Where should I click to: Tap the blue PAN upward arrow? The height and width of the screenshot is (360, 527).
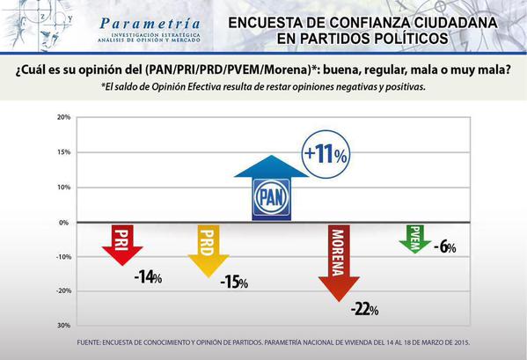(273, 186)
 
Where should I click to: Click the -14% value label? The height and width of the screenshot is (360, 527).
(148, 277)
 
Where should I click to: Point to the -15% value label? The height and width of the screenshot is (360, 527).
(233, 283)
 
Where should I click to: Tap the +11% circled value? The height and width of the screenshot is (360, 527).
(326, 155)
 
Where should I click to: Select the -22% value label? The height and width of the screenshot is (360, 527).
(363, 309)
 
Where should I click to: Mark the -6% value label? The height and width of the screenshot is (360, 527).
(444, 247)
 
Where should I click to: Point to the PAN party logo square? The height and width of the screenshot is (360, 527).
(273, 196)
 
